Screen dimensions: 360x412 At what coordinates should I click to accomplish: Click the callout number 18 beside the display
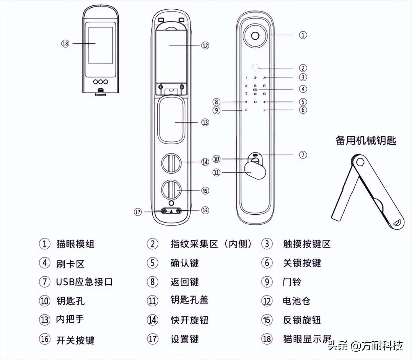point(65,43)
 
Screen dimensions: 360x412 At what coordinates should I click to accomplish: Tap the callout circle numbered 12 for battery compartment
point(205,45)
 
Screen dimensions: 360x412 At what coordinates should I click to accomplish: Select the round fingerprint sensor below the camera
point(255,67)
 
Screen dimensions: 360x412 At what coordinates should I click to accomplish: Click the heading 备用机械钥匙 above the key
point(366,141)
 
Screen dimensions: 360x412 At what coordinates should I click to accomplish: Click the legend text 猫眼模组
point(75,244)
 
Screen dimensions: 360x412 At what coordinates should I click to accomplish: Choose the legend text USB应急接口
point(84,282)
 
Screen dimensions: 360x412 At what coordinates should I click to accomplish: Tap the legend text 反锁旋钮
point(302,320)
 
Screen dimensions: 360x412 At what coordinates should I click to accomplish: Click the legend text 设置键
point(184,339)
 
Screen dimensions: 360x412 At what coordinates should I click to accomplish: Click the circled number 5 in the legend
point(153,263)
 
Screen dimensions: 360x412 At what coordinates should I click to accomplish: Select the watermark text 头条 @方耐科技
point(365,346)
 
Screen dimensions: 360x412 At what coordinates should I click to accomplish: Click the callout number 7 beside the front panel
point(303,155)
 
